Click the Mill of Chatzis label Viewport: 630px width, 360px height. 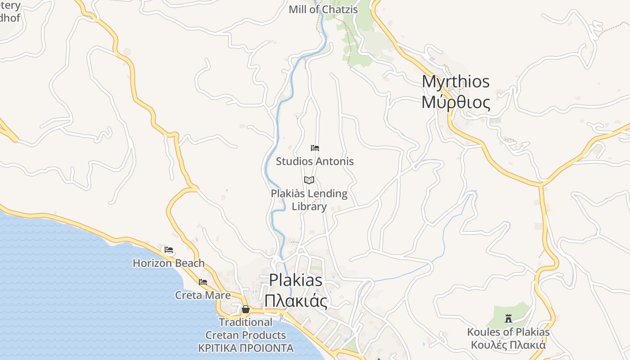[x=323, y=9]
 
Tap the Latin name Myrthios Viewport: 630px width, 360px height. [x=455, y=81]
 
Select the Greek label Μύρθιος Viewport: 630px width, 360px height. [x=455, y=103]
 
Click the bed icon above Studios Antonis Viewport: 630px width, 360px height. [x=315, y=148]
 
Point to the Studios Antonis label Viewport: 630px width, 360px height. [x=315, y=161]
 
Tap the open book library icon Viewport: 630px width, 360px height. [x=309, y=180]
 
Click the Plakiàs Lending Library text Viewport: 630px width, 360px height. [x=309, y=194]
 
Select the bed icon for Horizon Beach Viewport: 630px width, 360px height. [x=169, y=249]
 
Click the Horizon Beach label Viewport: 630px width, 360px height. [x=169, y=263]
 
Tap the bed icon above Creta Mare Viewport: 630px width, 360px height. [x=203, y=282]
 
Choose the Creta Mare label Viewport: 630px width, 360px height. [x=203, y=295]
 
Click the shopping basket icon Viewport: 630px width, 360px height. [x=245, y=309]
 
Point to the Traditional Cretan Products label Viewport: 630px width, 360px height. [x=246, y=329]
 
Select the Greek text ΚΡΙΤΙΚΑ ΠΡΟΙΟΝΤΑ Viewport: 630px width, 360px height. [x=246, y=348]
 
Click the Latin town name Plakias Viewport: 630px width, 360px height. [x=296, y=280]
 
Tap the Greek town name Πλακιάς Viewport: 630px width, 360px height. [x=296, y=301]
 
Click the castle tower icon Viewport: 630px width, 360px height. [x=508, y=319]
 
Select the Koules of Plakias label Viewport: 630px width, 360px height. [x=508, y=333]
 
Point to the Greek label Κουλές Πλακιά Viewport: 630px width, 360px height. [x=508, y=345]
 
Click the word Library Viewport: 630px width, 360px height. [x=309, y=207]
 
